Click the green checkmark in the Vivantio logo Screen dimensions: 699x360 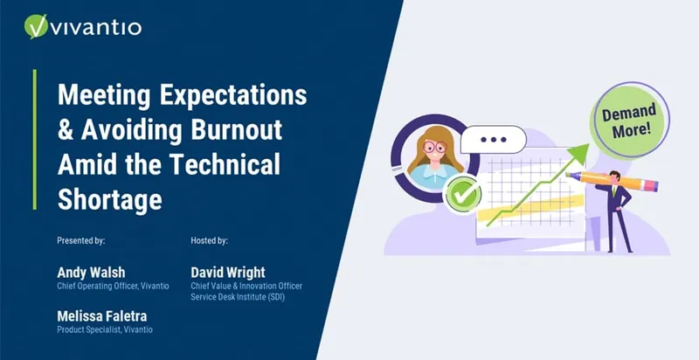(36, 26)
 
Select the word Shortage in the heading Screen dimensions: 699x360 (110, 199)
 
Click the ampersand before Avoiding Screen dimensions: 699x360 (65, 130)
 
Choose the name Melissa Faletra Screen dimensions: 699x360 (101, 316)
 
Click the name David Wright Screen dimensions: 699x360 (228, 273)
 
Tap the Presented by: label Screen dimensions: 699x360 (81, 241)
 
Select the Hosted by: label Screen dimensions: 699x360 (209, 241)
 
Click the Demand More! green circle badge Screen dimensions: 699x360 (630, 120)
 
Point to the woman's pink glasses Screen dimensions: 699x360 (434, 147)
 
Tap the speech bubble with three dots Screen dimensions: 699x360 (494, 140)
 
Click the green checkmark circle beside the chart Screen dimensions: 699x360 (463, 195)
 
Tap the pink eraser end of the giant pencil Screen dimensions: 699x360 (652, 185)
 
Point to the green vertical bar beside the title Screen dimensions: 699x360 (35, 140)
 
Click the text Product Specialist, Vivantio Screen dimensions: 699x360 (105, 330)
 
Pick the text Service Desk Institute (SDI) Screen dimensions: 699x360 (238, 297)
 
